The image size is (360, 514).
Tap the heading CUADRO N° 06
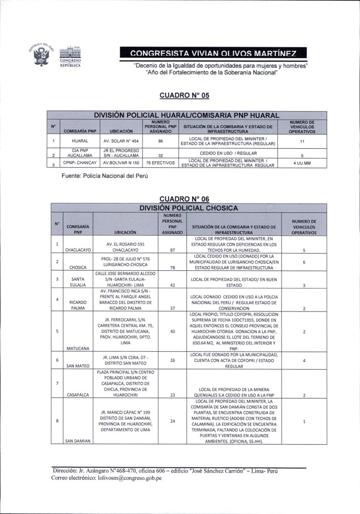click(180, 199)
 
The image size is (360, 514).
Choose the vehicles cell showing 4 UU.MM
click(303, 163)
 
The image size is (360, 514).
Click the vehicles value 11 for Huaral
click(303, 142)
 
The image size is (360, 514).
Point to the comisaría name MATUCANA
click(78, 348)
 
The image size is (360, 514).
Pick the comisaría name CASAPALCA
click(78, 395)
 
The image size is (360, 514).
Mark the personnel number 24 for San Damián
click(172, 421)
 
